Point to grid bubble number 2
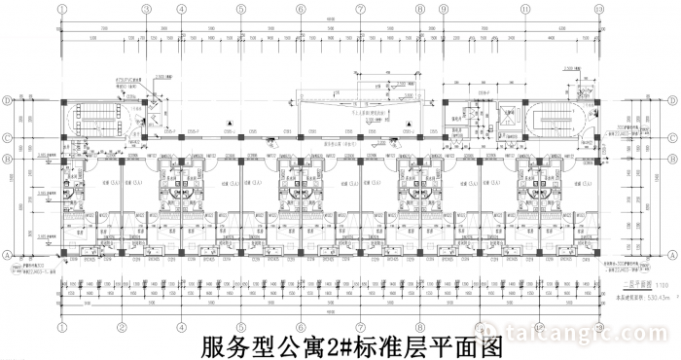coord(122,328)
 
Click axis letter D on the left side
coord(6,100)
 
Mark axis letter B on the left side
coord(6,159)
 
